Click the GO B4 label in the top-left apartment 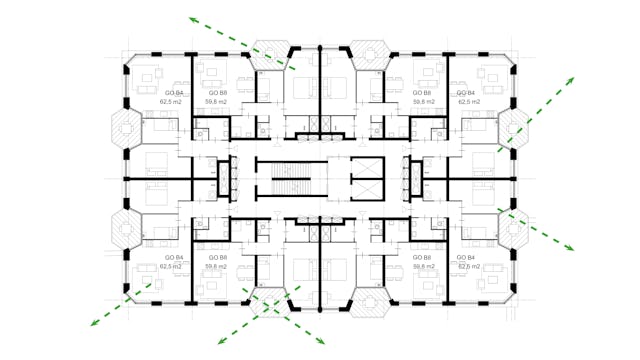pyautogui.click(x=173, y=92)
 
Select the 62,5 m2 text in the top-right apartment pyautogui.click(x=470, y=101)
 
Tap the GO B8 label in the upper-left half pyautogui.click(x=216, y=92)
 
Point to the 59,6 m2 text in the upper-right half pyautogui.click(x=425, y=101)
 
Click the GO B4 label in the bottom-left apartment pyautogui.click(x=173, y=258)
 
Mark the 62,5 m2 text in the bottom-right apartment pyautogui.click(x=470, y=267)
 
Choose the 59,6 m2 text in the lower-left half pyautogui.click(x=216, y=267)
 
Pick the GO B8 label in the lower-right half pyautogui.click(x=425, y=258)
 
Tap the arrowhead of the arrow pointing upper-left pyautogui.click(x=190, y=19)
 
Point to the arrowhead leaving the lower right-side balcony pyautogui.click(x=571, y=249)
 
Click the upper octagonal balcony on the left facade pyautogui.click(x=128, y=128)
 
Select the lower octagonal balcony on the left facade pyautogui.click(x=128, y=229)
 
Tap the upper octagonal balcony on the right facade pyautogui.click(x=514, y=128)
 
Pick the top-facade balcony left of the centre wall pyautogui.click(x=270, y=54)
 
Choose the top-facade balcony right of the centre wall pyautogui.click(x=370, y=54)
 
